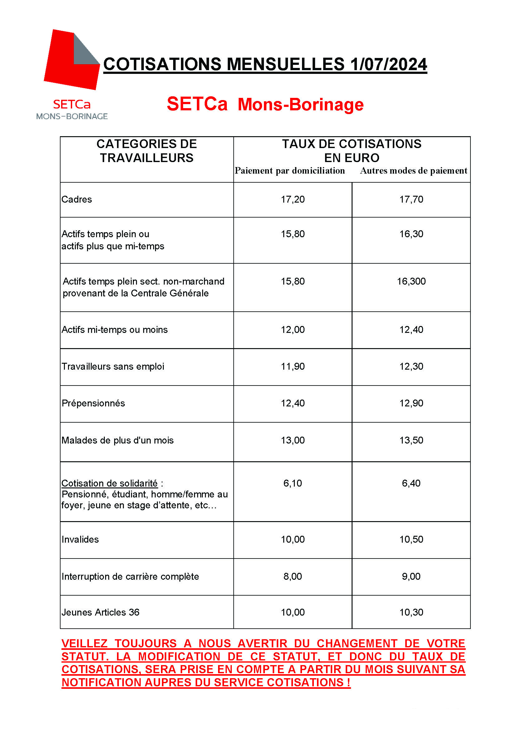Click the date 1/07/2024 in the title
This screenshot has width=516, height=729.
pos(388,65)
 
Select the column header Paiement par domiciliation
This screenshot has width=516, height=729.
pos(290,171)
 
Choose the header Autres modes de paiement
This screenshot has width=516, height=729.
pos(413,171)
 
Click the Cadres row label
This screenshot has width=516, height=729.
pos(76,199)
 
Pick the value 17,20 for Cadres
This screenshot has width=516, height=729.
pos(293,199)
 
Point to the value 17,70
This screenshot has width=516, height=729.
pos(411,199)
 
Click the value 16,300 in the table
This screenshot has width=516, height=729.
pos(411,281)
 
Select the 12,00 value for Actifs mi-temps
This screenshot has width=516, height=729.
pos(293,329)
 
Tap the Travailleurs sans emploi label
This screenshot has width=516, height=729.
pos(113,367)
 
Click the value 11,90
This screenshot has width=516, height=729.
pos(293,367)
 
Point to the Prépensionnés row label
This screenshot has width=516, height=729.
pos(93,403)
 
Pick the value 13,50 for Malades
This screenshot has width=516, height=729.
pos(411,440)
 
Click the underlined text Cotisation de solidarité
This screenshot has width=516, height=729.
pos(110,483)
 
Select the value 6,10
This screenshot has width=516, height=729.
pos(293,483)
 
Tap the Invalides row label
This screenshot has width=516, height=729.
pos(80,540)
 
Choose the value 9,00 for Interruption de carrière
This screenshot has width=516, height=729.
pos(411,576)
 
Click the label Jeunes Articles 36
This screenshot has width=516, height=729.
pos(100,612)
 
